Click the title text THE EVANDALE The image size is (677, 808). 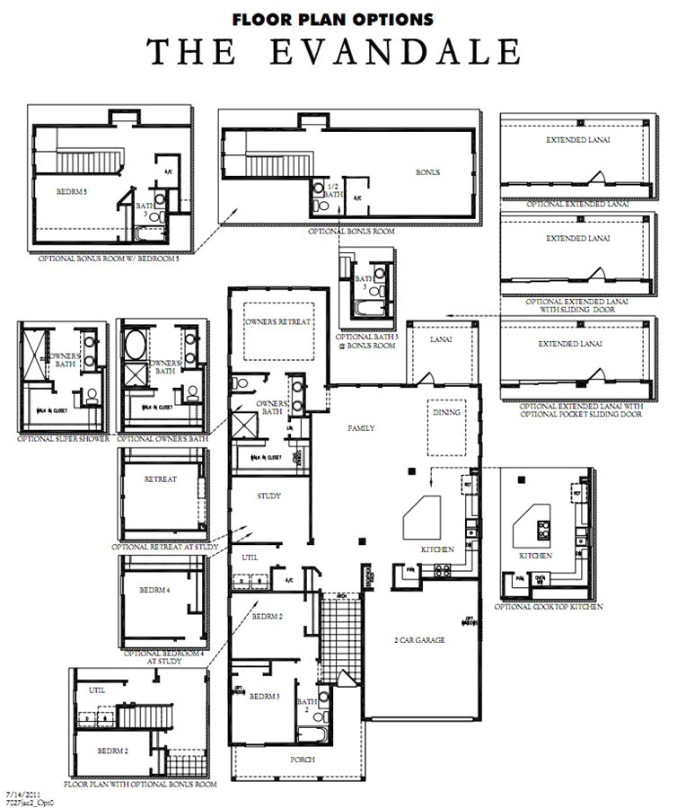(x=334, y=51)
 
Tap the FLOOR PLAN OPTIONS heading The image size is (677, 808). (x=333, y=18)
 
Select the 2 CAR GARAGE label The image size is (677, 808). (x=420, y=639)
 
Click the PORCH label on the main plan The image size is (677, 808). (x=303, y=760)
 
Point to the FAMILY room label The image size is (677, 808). (x=361, y=428)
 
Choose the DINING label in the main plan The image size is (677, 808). (x=446, y=412)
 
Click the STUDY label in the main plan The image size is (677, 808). (x=269, y=496)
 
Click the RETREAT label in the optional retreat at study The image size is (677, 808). (x=161, y=479)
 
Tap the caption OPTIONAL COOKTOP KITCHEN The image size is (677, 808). (x=549, y=607)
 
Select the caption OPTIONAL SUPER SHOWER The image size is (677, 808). (x=64, y=439)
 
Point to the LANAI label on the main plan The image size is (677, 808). (x=440, y=339)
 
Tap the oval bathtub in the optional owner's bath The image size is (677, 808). (x=136, y=345)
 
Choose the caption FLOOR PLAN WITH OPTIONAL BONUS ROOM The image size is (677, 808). (x=141, y=784)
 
